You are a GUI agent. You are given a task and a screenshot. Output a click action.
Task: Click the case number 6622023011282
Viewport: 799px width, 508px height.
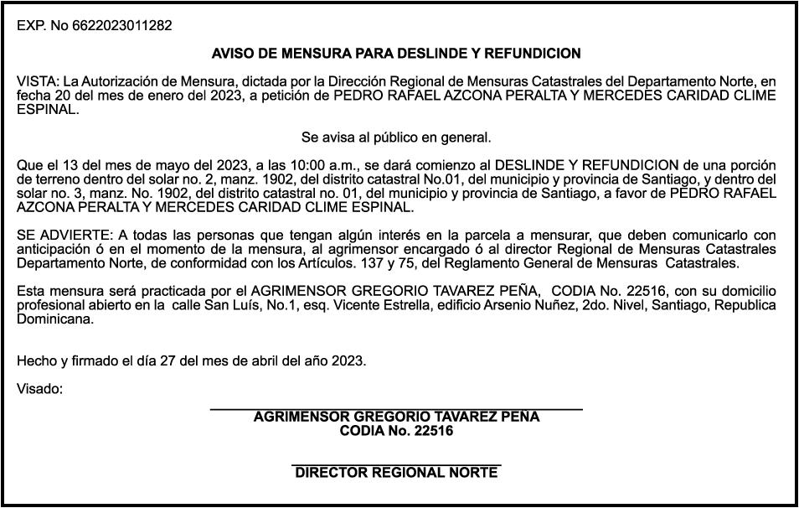click(121, 26)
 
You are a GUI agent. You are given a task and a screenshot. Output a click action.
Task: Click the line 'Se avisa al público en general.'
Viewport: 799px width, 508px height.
click(396, 137)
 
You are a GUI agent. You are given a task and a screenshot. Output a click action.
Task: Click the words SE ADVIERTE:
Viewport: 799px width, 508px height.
click(58, 236)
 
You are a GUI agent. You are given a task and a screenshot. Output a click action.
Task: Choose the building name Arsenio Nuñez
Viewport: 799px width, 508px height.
click(527, 305)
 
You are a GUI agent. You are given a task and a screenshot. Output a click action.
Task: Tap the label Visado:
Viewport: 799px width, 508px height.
click(39, 389)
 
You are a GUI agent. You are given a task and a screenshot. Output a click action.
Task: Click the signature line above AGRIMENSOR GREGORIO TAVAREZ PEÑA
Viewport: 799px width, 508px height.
click(395, 408)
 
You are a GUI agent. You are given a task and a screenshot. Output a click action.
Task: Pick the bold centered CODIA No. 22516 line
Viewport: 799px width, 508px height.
click(396, 431)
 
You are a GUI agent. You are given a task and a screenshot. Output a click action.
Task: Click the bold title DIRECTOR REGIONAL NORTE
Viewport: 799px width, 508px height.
click(396, 473)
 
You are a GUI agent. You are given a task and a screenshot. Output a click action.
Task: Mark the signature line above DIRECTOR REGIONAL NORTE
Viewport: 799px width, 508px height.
click(396, 464)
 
